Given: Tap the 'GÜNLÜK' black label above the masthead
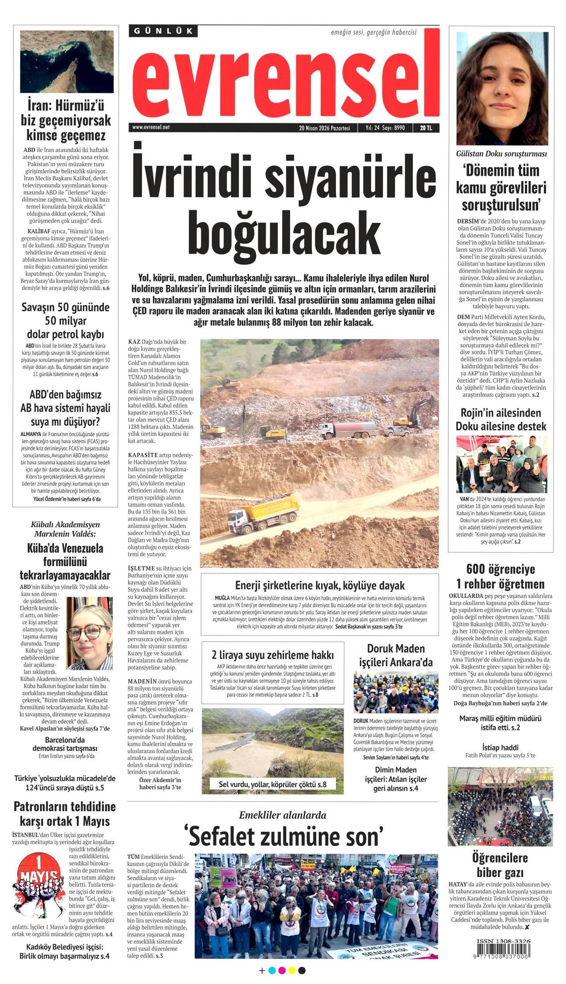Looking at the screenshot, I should click(x=164, y=31).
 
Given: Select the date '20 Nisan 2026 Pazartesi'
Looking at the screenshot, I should click(x=325, y=128).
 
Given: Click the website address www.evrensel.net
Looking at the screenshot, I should click(x=151, y=127).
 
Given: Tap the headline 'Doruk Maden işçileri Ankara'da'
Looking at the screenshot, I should click(x=396, y=655).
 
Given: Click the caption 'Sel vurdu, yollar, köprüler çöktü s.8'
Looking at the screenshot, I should click(x=272, y=784).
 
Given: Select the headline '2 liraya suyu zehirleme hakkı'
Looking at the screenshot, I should click(x=272, y=655).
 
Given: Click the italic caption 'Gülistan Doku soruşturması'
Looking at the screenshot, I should click(x=501, y=154).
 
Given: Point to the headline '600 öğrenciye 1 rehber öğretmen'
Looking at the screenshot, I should click(x=501, y=576).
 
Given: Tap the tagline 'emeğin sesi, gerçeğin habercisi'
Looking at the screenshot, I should click(x=373, y=32).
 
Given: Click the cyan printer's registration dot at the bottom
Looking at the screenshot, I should click(x=272, y=971).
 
